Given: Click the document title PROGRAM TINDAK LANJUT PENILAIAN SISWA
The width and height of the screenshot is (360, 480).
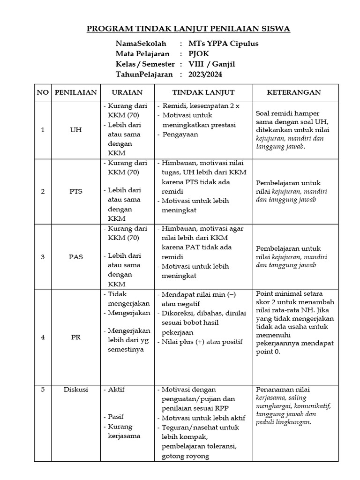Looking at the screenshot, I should (188, 29).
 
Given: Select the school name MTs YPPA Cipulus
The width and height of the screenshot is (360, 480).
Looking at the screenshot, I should (223, 44).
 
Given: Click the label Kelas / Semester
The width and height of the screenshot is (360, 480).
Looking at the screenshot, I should (145, 64).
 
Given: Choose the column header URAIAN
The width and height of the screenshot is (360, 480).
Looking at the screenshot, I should (127, 93).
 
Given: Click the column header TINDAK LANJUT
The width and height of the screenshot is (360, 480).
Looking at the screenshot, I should (203, 93).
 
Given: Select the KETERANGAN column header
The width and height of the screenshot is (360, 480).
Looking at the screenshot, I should (294, 93).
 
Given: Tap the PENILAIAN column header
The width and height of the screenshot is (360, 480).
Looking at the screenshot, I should (75, 93).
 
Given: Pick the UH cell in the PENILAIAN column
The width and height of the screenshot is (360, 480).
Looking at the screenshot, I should (75, 130).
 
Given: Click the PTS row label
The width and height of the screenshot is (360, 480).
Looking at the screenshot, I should (75, 191).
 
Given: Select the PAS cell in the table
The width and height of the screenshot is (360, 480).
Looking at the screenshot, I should (75, 257).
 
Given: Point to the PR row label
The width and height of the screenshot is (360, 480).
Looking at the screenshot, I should (75, 337).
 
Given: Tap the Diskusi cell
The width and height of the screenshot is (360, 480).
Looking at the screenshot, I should (75, 390).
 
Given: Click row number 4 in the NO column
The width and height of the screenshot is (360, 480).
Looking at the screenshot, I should (43, 337).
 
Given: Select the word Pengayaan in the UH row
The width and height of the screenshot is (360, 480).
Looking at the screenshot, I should (180, 135).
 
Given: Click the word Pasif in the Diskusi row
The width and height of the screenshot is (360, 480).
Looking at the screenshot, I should (116, 416).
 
